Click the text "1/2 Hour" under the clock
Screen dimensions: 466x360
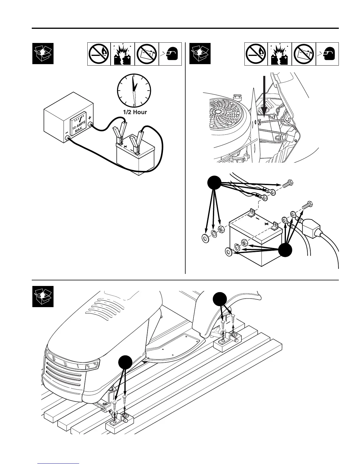click(x=135, y=112)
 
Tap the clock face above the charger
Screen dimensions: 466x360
click(x=134, y=90)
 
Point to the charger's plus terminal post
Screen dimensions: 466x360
click(x=91, y=126)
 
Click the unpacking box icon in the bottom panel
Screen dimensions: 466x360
click(x=43, y=296)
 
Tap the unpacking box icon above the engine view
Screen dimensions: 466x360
click(x=200, y=53)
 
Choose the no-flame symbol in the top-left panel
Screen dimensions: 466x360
click(x=99, y=54)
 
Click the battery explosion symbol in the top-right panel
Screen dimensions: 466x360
click(x=280, y=54)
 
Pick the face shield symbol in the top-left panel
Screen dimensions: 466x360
click(x=170, y=54)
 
